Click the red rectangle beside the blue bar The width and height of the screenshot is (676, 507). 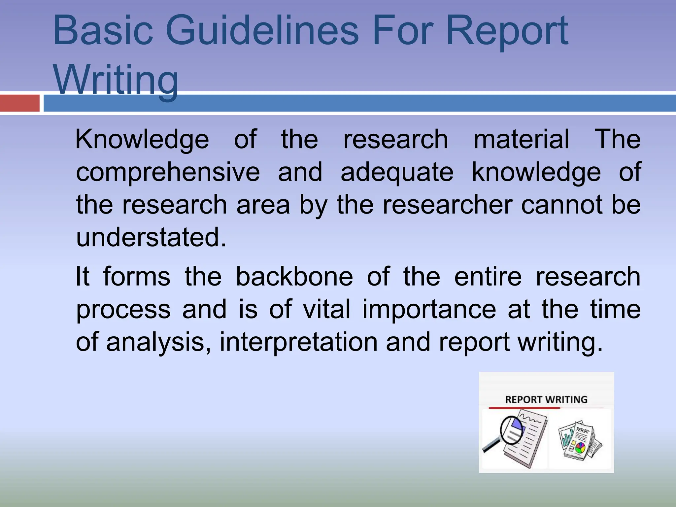point(20,103)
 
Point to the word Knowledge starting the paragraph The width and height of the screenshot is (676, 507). point(142,140)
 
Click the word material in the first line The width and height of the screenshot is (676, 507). point(522,140)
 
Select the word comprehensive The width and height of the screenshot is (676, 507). point(168,172)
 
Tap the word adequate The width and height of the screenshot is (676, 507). point(397,172)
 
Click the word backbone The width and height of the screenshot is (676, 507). point(294,277)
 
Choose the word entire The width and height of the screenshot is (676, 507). point(488,277)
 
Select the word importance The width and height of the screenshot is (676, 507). point(429,309)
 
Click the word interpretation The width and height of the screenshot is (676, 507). point(298,342)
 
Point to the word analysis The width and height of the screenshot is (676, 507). point(159,342)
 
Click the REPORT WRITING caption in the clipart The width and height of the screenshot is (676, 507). point(546,400)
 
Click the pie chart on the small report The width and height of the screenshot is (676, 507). point(580,448)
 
